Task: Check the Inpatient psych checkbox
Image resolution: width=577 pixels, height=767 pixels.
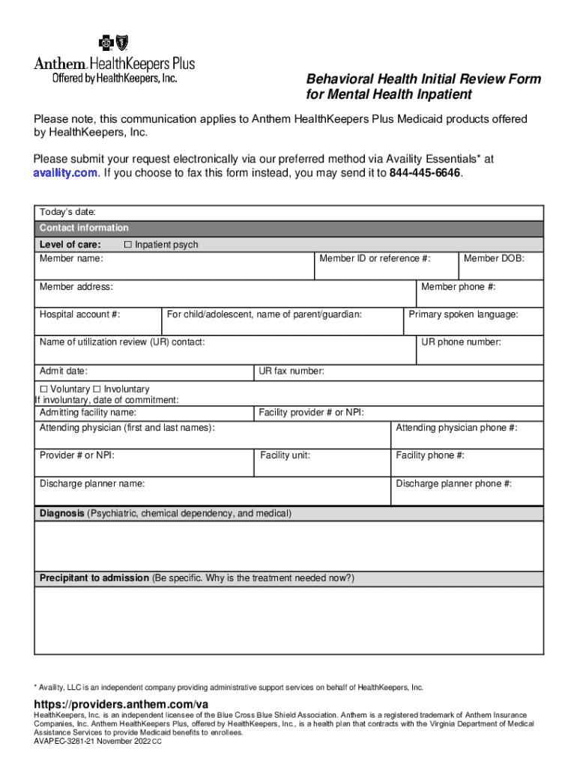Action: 127,245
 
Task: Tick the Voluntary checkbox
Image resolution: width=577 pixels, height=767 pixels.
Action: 43,389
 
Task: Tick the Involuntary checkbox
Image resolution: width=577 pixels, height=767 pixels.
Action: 97,389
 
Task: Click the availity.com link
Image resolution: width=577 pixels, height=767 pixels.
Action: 65,173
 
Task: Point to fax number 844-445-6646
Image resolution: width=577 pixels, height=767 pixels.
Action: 425,173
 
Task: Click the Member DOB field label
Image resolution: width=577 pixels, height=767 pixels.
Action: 494,258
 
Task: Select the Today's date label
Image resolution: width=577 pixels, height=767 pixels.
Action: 67,213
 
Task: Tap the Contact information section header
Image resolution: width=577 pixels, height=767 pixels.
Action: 84,228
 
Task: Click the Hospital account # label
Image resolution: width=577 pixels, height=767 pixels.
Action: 79,315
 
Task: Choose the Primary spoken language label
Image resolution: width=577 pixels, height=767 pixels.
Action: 463,315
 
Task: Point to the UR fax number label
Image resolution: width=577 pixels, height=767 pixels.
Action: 291,371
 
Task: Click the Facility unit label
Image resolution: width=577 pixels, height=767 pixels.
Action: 286,455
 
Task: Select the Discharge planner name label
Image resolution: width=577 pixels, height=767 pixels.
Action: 92,484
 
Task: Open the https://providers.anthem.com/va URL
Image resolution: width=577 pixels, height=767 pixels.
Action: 121,704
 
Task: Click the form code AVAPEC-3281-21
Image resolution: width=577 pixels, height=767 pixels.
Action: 64,741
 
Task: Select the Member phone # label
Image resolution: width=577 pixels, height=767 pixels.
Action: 459,287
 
